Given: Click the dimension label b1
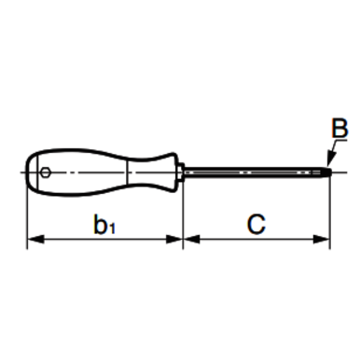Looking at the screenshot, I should point(104,225).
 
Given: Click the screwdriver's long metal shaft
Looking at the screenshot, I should point(252,171).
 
